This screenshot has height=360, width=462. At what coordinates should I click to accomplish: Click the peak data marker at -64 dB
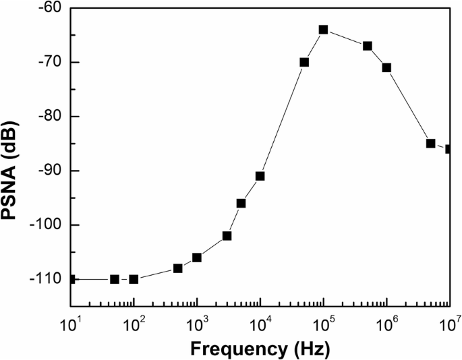(324, 30)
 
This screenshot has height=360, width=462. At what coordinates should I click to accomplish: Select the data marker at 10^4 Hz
(260, 176)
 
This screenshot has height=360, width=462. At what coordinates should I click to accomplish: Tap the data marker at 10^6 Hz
(386, 67)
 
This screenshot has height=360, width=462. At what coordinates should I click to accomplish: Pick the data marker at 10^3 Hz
(197, 258)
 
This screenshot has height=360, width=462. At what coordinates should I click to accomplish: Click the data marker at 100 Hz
(134, 279)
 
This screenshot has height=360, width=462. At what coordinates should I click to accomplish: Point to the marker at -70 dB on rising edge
(304, 62)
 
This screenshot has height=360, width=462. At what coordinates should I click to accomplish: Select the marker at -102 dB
(227, 236)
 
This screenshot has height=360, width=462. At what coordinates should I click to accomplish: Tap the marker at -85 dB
(431, 144)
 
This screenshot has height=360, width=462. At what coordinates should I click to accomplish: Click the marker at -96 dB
(241, 203)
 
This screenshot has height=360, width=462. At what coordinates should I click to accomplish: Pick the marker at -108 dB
(178, 268)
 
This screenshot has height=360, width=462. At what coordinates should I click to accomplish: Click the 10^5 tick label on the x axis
(324, 324)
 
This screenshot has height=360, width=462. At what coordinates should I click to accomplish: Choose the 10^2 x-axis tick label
(134, 324)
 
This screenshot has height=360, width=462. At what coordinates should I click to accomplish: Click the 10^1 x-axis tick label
(71, 324)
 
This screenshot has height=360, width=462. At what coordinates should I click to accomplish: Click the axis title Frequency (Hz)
(260, 349)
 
